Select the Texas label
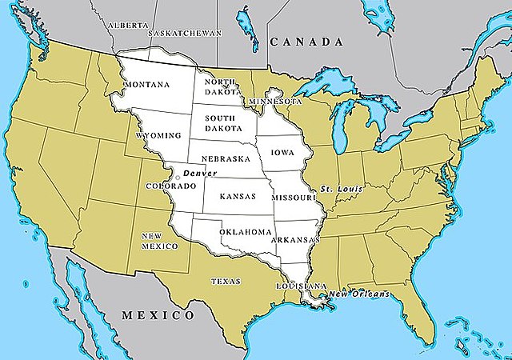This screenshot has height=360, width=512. pyautogui.click(x=225, y=282)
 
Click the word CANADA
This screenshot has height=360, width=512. pyautogui.click(x=307, y=42)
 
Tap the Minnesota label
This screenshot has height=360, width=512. pyautogui.click(x=275, y=102)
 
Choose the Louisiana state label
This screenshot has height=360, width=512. pyautogui.click(x=301, y=286)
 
